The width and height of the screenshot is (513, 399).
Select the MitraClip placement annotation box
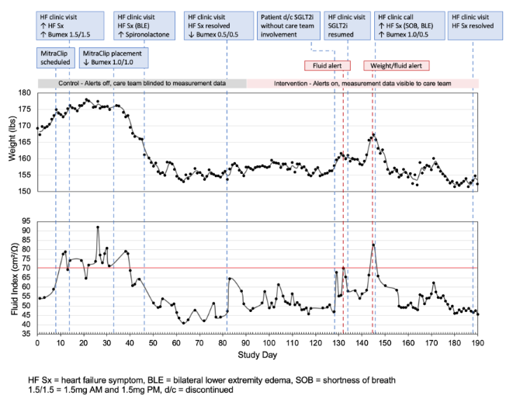click(x=115, y=57)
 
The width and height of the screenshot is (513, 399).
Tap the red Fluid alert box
click(x=328, y=66)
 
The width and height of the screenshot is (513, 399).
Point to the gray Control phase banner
click(x=142, y=82)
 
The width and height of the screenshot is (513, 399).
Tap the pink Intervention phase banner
click(x=362, y=82)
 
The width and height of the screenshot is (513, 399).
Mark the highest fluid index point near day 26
click(x=98, y=227)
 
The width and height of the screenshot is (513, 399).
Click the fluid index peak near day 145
click(x=373, y=245)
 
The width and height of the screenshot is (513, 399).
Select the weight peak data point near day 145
click(x=373, y=134)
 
